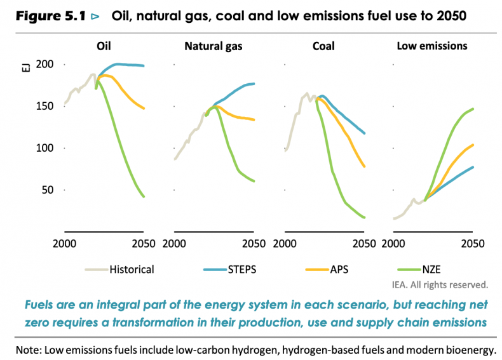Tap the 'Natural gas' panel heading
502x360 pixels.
click(213, 46)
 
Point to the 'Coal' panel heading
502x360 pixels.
click(323, 46)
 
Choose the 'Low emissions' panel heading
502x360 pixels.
click(432, 46)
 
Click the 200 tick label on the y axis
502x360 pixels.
click(46, 65)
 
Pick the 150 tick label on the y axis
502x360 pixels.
click(46, 107)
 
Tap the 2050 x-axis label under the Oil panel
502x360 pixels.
click(142, 244)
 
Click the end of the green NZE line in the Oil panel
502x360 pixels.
click(144, 197)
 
